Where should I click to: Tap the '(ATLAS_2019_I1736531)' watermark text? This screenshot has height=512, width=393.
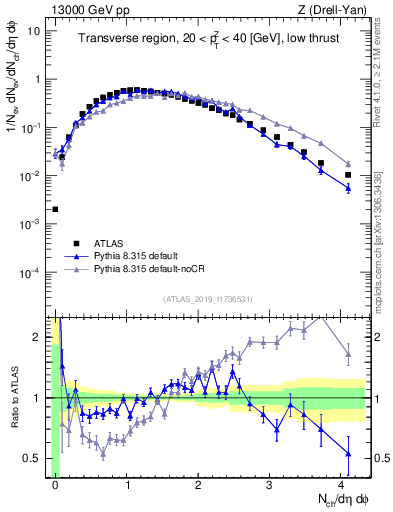[207, 299]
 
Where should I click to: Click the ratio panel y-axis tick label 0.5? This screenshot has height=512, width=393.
[34, 458]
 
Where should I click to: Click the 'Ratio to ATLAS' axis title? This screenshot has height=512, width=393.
[13, 397]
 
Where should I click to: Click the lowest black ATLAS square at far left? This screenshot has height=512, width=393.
[55, 210]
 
